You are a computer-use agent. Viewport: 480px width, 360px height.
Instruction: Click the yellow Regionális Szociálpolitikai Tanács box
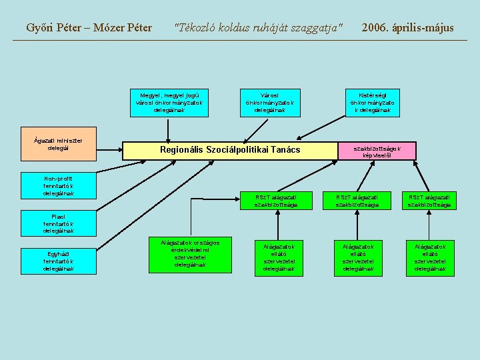tap(231, 151)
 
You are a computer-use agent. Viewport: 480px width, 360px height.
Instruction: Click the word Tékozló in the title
tap(197, 28)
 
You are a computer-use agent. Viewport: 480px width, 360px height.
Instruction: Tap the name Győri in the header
tap(41, 28)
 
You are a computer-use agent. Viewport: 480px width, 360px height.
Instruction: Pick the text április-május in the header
tap(424, 28)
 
